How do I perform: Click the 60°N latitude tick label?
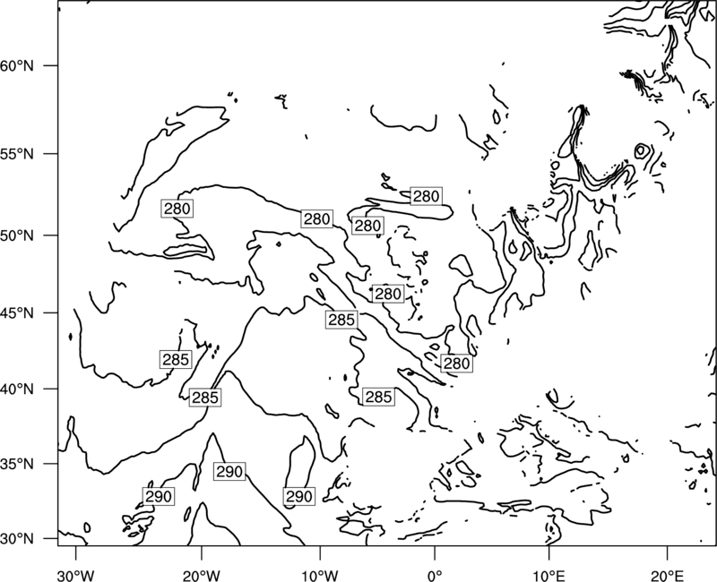(17, 65)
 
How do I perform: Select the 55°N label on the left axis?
(17, 154)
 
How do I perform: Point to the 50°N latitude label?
(17, 235)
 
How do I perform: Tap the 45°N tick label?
(17, 312)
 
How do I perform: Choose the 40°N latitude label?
(17, 389)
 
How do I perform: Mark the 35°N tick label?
(17, 464)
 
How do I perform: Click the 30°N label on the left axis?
(17, 539)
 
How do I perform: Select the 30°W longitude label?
(76, 576)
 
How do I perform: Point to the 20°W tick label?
(201, 576)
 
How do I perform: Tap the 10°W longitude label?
(320, 576)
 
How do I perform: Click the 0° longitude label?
(435, 576)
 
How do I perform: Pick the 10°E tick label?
(549, 576)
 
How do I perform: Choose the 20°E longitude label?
(667, 576)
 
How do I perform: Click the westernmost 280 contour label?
(177, 209)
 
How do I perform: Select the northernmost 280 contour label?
(427, 196)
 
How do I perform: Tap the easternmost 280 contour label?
(456, 364)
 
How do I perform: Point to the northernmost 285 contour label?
(341, 320)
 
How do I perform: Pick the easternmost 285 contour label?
(378, 397)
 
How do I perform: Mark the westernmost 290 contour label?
(159, 496)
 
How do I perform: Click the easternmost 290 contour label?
(299, 496)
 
